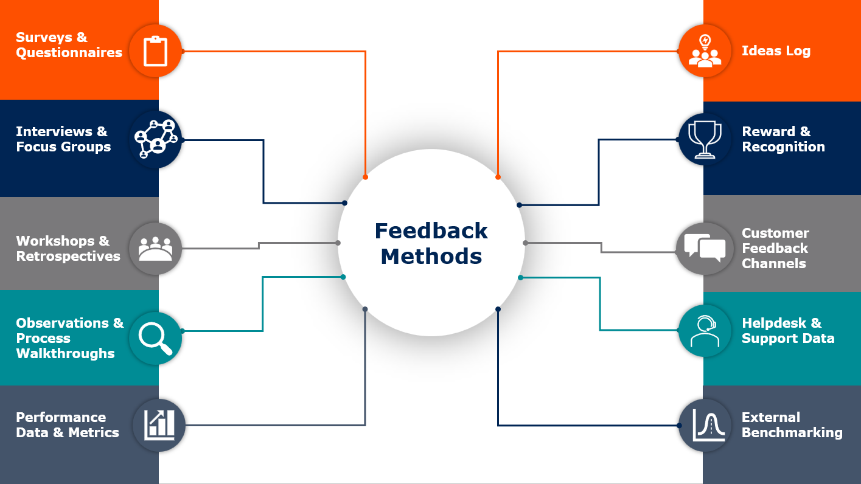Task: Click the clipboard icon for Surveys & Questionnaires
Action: pos(155,50)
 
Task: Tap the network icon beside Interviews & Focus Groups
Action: pos(156,139)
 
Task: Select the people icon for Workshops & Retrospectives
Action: pos(155,249)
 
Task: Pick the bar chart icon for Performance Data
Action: pos(159,425)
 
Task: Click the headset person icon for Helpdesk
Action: pos(705,331)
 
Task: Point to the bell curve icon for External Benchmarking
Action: pos(708,425)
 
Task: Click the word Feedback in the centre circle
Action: pos(431,231)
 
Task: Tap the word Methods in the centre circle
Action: pos(431,256)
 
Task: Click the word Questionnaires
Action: pos(69,53)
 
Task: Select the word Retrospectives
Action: pos(68,256)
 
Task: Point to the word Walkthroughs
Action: pos(65,354)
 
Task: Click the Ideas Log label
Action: pos(776,50)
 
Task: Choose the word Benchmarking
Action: pos(792,433)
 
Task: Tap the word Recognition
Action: pos(783,147)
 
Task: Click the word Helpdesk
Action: pos(774,323)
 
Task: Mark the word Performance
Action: pos(61,417)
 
